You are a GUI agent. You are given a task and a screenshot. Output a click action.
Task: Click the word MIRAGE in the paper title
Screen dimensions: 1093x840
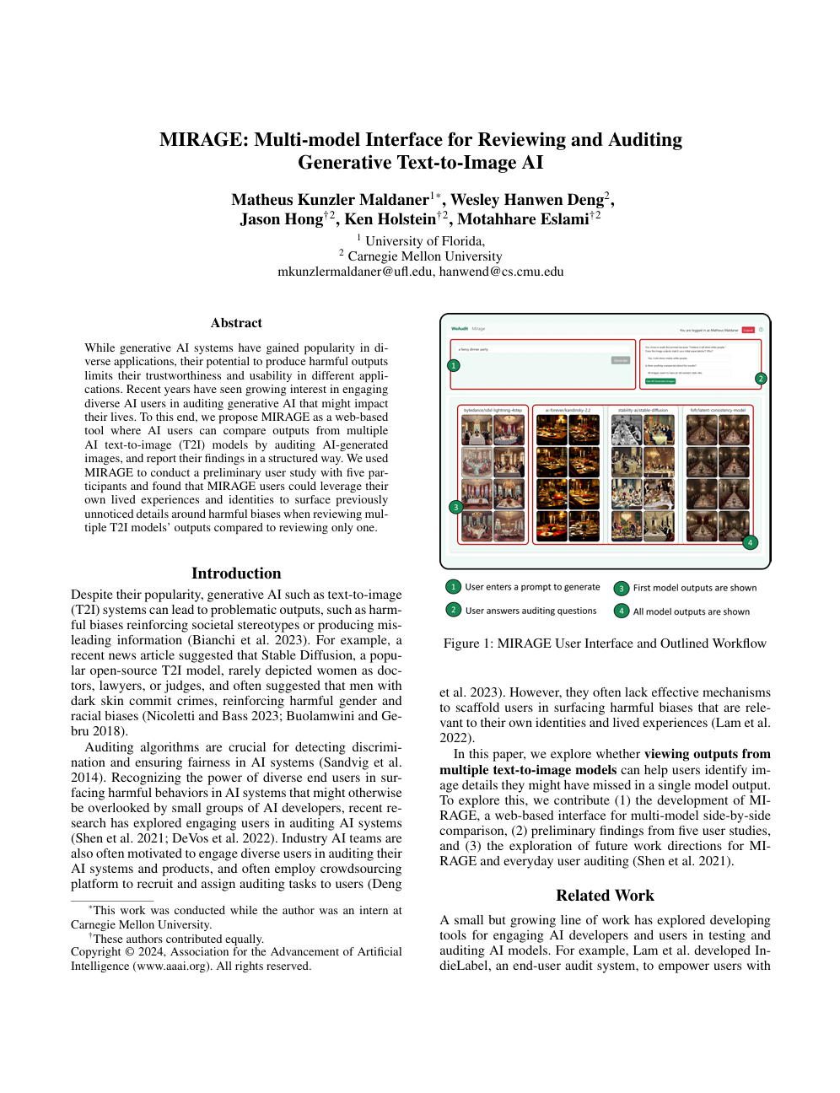195,140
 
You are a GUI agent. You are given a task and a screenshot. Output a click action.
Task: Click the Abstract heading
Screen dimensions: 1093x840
236,323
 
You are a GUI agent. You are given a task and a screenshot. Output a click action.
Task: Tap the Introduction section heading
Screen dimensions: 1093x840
236,573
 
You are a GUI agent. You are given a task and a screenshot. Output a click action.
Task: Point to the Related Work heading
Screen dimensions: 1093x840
605,896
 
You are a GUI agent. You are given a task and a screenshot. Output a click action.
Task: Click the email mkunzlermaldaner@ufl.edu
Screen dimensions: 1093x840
355,272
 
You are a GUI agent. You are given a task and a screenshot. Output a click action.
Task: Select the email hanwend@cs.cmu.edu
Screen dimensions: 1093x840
501,272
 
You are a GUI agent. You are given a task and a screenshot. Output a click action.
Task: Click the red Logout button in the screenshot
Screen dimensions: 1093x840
748,330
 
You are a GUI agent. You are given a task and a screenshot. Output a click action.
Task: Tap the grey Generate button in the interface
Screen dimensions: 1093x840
621,360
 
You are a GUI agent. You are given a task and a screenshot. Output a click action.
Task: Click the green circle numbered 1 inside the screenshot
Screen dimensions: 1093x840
454,366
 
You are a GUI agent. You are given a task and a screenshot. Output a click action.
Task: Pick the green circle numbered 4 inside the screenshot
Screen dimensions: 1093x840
750,542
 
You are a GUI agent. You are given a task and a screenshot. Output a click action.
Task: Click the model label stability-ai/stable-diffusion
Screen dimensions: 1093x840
643,411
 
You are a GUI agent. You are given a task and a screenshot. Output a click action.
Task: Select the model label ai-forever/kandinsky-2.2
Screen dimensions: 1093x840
568,411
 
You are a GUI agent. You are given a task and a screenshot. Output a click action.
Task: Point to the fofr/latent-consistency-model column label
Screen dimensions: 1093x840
718,411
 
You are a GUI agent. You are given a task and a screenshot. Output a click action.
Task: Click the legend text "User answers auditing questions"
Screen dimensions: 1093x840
530,611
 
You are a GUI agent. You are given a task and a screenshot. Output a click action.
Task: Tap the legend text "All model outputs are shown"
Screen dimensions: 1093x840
691,611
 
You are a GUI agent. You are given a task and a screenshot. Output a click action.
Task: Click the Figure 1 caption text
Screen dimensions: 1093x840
605,643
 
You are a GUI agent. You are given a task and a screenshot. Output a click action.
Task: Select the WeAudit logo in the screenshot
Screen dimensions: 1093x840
460,329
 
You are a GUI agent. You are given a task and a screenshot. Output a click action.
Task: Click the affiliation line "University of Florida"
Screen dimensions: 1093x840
425,241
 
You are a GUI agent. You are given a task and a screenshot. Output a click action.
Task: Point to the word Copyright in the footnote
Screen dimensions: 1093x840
96,952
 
